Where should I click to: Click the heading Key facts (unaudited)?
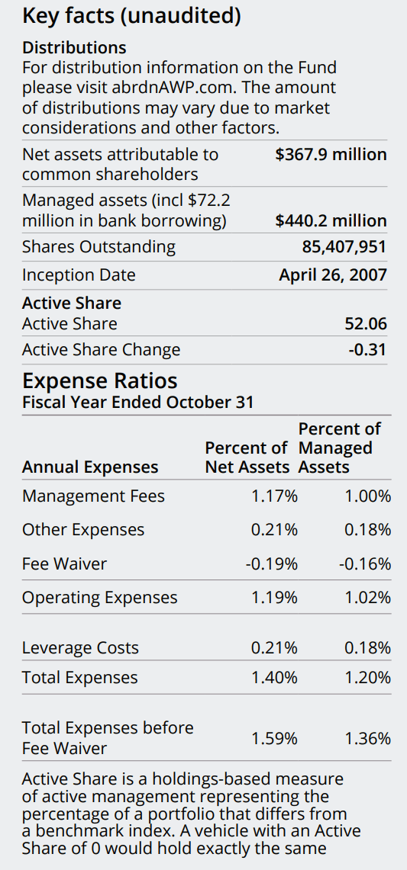(x=132, y=15)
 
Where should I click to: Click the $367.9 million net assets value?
(x=331, y=154)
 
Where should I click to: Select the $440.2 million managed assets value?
(x=331, y=221)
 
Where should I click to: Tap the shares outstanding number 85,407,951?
(x=344, y=247)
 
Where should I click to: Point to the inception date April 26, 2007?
(x=333, y=275)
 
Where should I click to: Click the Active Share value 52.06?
(x=366, y=324)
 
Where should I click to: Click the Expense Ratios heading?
(x=100, y=380)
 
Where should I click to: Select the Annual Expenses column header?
(x=90, y=467)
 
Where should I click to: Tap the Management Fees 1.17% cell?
(x=274, y=496)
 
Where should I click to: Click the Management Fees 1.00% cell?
(x=367, y=496)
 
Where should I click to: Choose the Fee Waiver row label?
(x=64, y=564)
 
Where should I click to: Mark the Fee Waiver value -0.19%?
(x=271, y=564)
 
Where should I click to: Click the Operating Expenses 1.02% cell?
(x=367, y=598)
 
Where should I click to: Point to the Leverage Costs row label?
(x=80, y=648)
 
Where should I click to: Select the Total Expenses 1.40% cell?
(x=274, y=678)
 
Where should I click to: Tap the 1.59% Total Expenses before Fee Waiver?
(x=274, y=738)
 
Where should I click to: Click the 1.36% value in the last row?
(x=367, y=738)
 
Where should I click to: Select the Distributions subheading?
(x=74, y=48)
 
